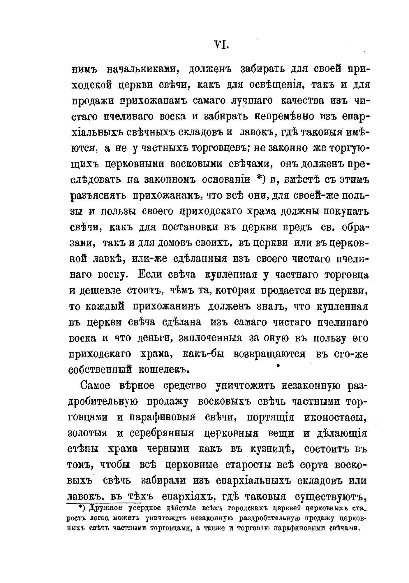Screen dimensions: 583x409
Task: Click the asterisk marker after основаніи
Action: coord(260,179)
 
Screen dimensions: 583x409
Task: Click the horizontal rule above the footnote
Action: coord(103,503)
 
